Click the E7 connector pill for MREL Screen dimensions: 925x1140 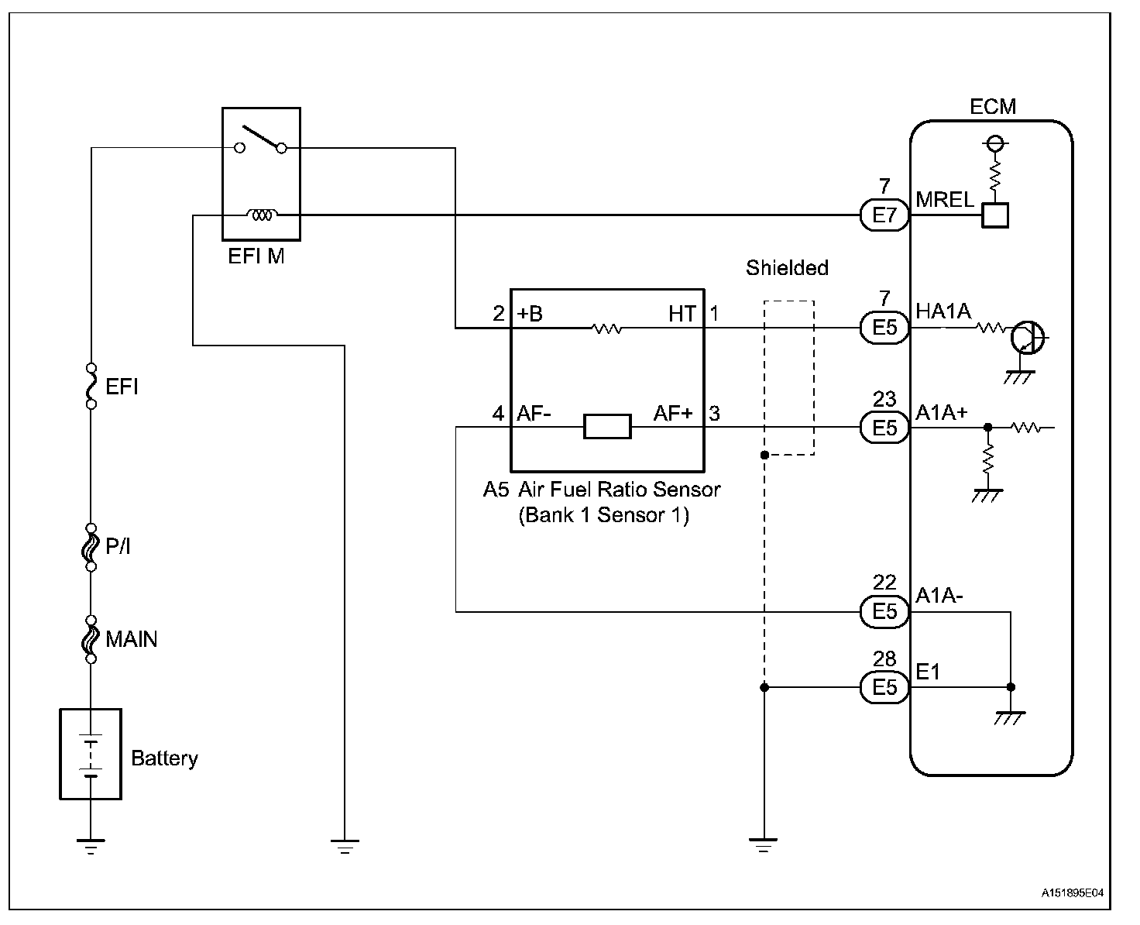(x=884, y=215)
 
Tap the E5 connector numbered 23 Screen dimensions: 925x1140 (x=884, y=428)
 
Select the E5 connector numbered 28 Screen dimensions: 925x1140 (x=884, y=687)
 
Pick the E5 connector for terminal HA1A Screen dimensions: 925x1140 (x=884, y=328)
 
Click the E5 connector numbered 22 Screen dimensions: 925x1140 (x=884, y=611)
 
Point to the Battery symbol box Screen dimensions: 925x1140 (x=91, y=753)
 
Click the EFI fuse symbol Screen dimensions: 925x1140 (x=91, y=386)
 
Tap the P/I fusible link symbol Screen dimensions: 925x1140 (x=91, y=547)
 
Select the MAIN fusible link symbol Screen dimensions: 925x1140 (x=91, y=639)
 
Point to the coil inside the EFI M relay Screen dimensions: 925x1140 (x=262, y=215)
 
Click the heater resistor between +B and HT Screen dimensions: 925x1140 (x=606, y=329)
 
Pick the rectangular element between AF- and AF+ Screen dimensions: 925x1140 (x=607, y=427)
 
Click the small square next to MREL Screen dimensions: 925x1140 (x=994, y=215)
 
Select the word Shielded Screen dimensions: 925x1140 (x=787, y=268)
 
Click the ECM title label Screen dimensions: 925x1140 (x=992, y=106)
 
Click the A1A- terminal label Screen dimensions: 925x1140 (x=939, y=595)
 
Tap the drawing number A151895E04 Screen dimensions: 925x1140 (x=1072, y=893)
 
